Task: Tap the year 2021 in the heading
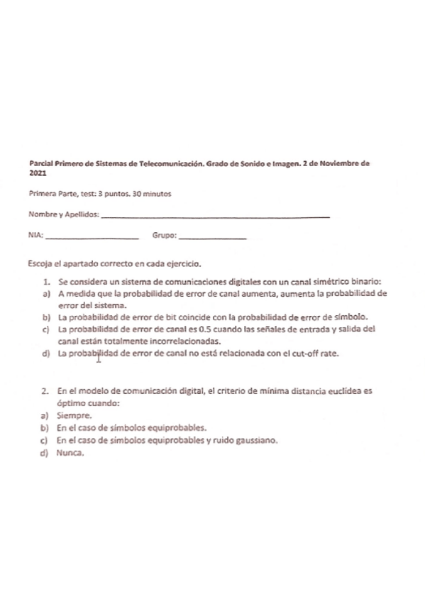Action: click(37, 173)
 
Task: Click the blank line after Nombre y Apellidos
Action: click(216, 216)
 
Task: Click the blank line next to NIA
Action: click(92, 236)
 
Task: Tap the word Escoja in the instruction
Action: click(39, 262)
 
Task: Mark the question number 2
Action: click(45, 391)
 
